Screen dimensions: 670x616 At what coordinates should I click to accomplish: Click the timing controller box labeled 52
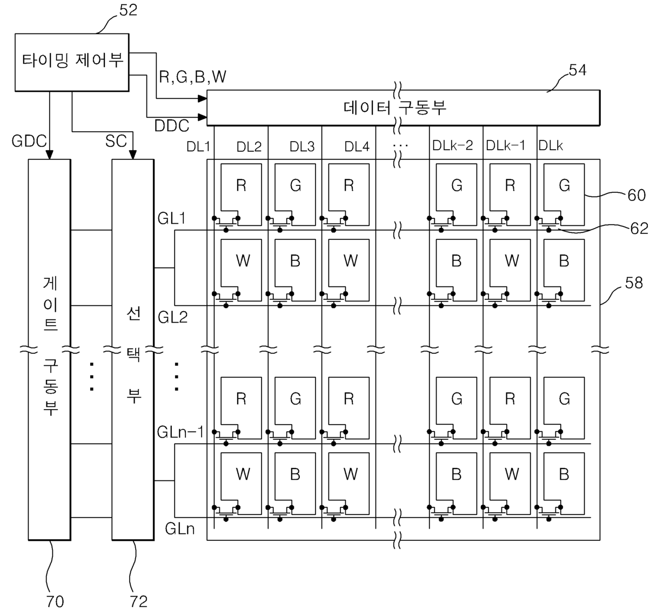click(x=72, y=62)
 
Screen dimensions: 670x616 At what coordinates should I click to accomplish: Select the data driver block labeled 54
click(x=403, y=108)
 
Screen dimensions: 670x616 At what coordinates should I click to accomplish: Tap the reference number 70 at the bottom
click(x=55, y=601)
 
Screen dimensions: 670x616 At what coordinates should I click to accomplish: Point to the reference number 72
click(x=139, y=601)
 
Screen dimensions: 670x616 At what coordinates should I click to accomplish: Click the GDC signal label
click(x=29, y=142)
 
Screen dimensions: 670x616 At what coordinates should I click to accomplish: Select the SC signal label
click(x=116, y=141)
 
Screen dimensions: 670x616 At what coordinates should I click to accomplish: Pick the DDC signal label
click(x=172, y=126)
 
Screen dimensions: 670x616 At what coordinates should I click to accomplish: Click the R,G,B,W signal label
click(x=193, y=77)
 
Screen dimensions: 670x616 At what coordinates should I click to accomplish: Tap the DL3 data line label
click(x=302, y=146)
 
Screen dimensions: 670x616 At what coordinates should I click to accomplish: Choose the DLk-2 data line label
click(x=453, y=145)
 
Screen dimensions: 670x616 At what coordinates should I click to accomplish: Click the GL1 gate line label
click(x=172, y=218)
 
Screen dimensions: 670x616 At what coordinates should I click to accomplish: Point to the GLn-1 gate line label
click(x=180, y=432)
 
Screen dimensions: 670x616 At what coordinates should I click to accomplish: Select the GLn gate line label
click(x=180, y=528)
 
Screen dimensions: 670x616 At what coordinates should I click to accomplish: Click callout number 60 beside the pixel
click(x=636, y=196)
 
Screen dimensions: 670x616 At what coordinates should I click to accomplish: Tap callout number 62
click(x=639, y=229)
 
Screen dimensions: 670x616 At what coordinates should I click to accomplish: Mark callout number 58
click(x=634, y=283)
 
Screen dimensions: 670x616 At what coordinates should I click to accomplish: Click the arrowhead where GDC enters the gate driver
click(x=49, y=155)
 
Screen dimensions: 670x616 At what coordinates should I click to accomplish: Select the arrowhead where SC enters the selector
click(x=133, y=155)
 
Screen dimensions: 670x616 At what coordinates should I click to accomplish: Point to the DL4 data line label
click(x=357, y=146)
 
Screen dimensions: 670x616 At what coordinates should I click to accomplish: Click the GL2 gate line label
click(x=173, y=317)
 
